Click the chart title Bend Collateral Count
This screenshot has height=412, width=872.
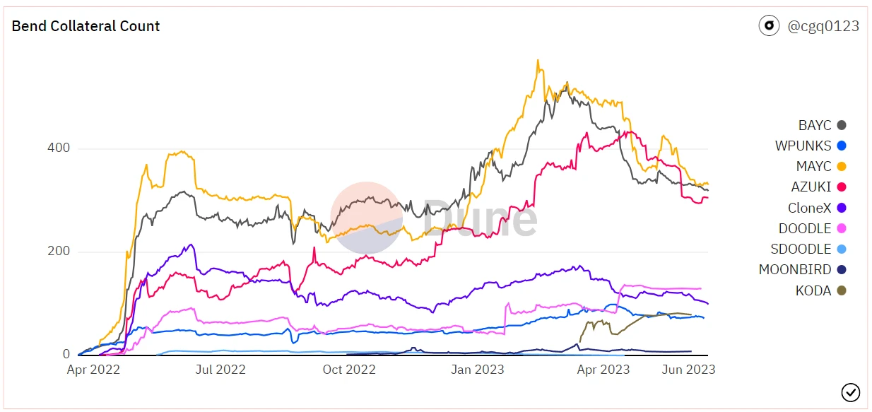[86, 26]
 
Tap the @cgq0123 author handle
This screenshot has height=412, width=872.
[823, 26]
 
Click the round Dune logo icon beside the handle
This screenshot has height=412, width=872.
[769, 26]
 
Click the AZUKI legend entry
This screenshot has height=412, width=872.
[819, 187]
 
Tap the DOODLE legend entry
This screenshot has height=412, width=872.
[813, 228]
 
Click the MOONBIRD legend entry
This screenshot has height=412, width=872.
[803, 269]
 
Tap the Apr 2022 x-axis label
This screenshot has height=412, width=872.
[93, 369]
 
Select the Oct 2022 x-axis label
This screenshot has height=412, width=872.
[349, 369]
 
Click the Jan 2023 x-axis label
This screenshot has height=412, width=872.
[478, 369]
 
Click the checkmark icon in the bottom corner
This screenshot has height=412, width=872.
[850, 392]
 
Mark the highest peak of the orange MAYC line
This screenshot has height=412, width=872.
[538, 60]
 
